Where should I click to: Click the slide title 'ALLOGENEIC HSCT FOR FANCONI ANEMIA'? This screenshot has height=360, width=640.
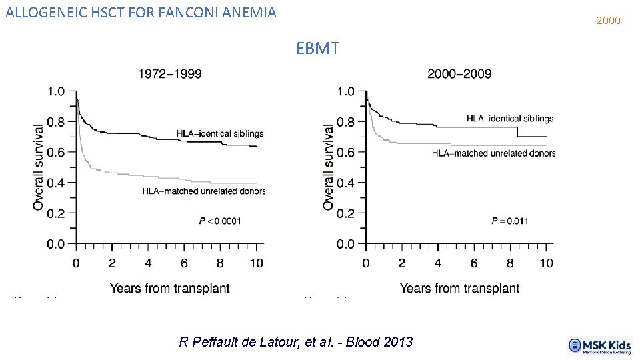click(140, 12)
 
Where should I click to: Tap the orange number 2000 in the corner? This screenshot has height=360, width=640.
click(608, 21)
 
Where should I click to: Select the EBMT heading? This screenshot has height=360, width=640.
click(318, 49)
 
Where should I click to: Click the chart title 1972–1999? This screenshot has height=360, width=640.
click(169, 73)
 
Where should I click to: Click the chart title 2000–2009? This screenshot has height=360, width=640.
click(459, 73)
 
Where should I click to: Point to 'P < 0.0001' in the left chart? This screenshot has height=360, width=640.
click(220, 221)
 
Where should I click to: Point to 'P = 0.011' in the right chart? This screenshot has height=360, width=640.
click(509, 221)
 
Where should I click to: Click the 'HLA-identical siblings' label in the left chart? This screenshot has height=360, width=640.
click(220, 133)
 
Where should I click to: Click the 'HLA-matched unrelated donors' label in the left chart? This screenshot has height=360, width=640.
click(203, 191)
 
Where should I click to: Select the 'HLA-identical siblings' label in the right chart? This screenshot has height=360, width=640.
click(510, 119)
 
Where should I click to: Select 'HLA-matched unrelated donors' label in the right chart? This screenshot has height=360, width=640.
click(493, 153)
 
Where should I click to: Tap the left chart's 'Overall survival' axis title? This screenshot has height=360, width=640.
click(39, 167)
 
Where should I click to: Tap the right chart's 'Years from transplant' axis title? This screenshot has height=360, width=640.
click(459, 288)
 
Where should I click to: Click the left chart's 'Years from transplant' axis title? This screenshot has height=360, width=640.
click(169, 288)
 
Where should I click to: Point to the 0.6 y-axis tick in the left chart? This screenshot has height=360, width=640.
click(56, 153)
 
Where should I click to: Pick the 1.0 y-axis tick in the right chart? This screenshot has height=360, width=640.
click(346, 91)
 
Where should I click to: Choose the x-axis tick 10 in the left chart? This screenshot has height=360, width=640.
click(257, 263)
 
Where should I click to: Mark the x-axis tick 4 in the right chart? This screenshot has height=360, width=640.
click(438, 263)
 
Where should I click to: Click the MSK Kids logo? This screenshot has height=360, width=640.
click(599, 345)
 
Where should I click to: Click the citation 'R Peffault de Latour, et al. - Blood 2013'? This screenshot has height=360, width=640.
click(296, 342)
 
